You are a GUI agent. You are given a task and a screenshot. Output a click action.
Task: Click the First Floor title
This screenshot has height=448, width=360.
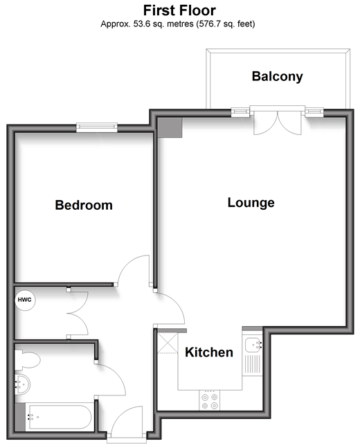click(179, 10)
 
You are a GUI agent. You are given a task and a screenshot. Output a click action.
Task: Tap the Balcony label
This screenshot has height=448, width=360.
click(277, 77)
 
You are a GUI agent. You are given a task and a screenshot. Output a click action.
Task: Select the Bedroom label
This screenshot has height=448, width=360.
click(84, 205)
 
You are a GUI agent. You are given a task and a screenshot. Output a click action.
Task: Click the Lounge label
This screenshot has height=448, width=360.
click(251, 203)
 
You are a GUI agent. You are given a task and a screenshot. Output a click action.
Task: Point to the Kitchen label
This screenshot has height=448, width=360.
click(209, 352)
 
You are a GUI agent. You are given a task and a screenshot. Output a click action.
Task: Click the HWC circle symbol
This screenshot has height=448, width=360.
click(25, 300)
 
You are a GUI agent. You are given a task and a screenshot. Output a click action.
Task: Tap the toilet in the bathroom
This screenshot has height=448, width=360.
click(27, 360)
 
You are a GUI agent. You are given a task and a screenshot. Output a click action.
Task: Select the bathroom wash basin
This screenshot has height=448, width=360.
click(22, 384)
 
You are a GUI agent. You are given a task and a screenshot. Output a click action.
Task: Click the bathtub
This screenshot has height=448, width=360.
click(59, 417)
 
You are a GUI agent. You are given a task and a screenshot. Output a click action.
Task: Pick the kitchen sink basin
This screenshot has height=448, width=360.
click(252, 345)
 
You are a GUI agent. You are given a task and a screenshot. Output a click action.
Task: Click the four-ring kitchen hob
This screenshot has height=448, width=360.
click(210, 400)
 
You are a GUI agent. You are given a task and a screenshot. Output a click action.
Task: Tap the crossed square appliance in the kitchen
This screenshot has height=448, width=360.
click(168, 343)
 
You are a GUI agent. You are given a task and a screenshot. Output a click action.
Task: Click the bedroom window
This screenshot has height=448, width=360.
click(97, 127)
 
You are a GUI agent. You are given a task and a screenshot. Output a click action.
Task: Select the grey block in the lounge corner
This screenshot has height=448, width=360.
click(170, 127)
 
